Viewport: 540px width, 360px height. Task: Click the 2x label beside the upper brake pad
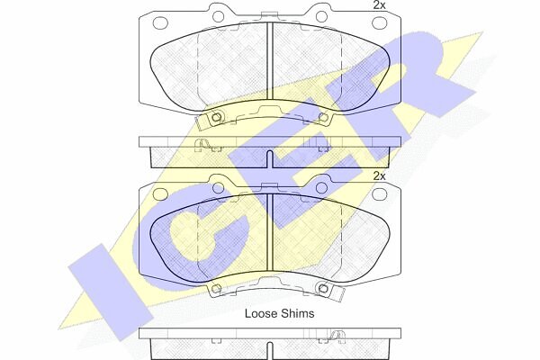pyautogui.click(x=379, y=5)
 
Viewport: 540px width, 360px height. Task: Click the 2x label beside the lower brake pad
pyautogui.click(x=379, y=176)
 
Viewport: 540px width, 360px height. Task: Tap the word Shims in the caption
pyautogui.click(x=297, y=313)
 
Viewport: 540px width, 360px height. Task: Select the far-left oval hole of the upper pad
pyautogui.click(x=160, y=23)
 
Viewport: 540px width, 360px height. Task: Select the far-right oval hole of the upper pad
pyautogui.click(x=379, y=23)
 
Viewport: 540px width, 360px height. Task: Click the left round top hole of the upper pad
pyautogui.click(x=218, y=16)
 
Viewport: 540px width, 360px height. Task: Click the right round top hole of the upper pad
pyautogui.click(x=321, y=16)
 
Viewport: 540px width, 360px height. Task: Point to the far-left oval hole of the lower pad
pyautogui.click(x=160, y=194)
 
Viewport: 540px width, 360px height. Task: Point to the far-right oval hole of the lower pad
pyautogui.click(x=379, y=194)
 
